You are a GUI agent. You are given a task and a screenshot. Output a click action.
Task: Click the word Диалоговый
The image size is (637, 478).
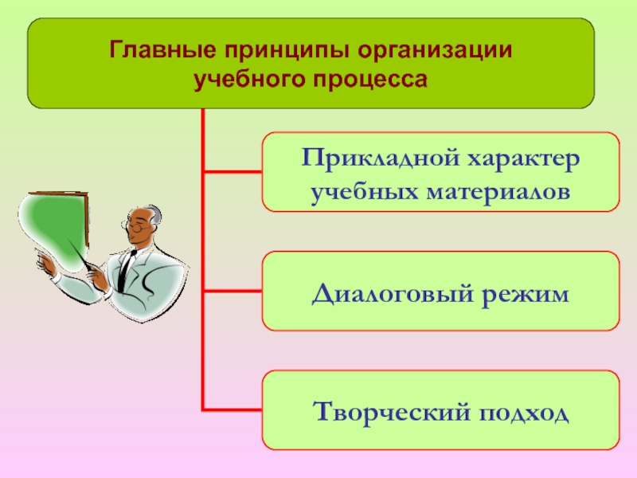pos(394,293)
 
